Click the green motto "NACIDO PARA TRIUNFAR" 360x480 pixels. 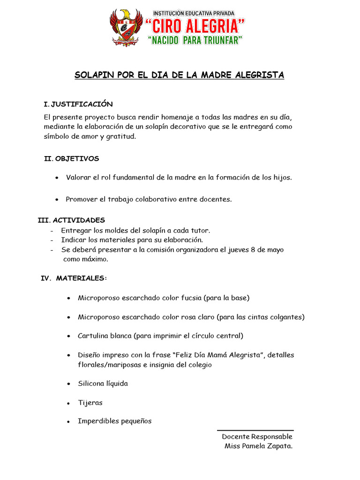[195, 41]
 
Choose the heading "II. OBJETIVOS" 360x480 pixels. [71, 159]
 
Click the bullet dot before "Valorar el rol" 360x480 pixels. [57, 178]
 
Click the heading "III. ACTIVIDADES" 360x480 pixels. [71, 220]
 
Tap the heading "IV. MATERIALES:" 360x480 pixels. [74, 278]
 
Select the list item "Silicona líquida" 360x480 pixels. [103, 383]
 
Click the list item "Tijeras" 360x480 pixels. [90, 403]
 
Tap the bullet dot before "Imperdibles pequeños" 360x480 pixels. [69, 422]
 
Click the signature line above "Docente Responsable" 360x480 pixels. [255, 430]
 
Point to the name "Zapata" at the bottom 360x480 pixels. [279, 446]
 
